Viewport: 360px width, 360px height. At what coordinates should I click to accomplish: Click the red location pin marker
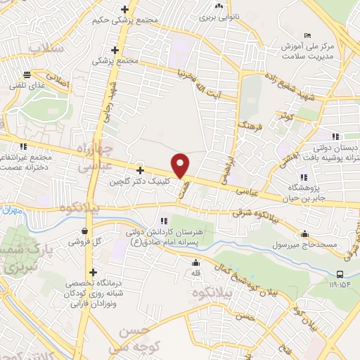181,165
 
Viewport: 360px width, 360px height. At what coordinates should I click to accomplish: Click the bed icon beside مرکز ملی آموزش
307,35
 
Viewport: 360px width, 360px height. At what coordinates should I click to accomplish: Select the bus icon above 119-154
340,274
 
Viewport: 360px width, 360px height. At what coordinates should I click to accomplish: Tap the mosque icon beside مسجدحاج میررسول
305,233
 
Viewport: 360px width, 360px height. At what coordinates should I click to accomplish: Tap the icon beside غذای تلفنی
27,73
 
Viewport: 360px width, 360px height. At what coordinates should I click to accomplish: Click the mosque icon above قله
195,260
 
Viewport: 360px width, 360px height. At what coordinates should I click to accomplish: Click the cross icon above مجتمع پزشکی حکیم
124,9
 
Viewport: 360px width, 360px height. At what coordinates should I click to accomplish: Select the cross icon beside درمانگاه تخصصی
92,273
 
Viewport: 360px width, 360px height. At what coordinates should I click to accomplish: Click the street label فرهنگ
250,127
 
